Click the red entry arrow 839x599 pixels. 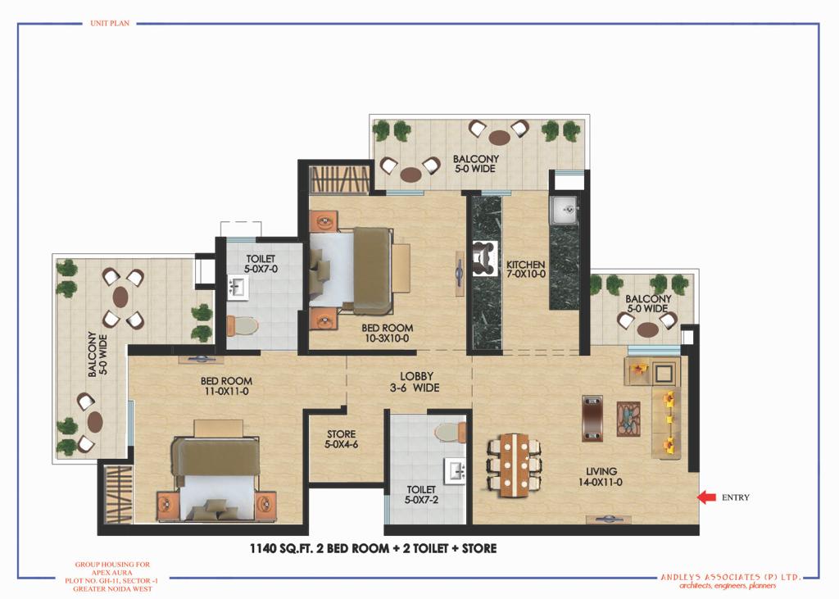point(706,497)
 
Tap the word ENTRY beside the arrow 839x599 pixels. point(736,497)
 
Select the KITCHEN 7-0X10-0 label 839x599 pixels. point(526,270)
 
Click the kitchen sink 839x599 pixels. point(564,211)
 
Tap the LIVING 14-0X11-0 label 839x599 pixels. point(601,476)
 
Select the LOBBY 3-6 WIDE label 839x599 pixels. point(415,382)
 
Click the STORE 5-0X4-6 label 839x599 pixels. point(341,439)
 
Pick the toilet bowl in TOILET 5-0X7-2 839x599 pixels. point(451,432)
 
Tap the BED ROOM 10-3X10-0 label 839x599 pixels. point(388,333)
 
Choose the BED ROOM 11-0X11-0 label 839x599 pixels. point(226,386)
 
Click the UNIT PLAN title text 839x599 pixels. point(110,23)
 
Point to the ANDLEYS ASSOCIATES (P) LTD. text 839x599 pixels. point(731,577)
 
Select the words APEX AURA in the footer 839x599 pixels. point(112,572)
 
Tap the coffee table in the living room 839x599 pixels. point(628,419)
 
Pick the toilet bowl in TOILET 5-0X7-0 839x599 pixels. point(243,325)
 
